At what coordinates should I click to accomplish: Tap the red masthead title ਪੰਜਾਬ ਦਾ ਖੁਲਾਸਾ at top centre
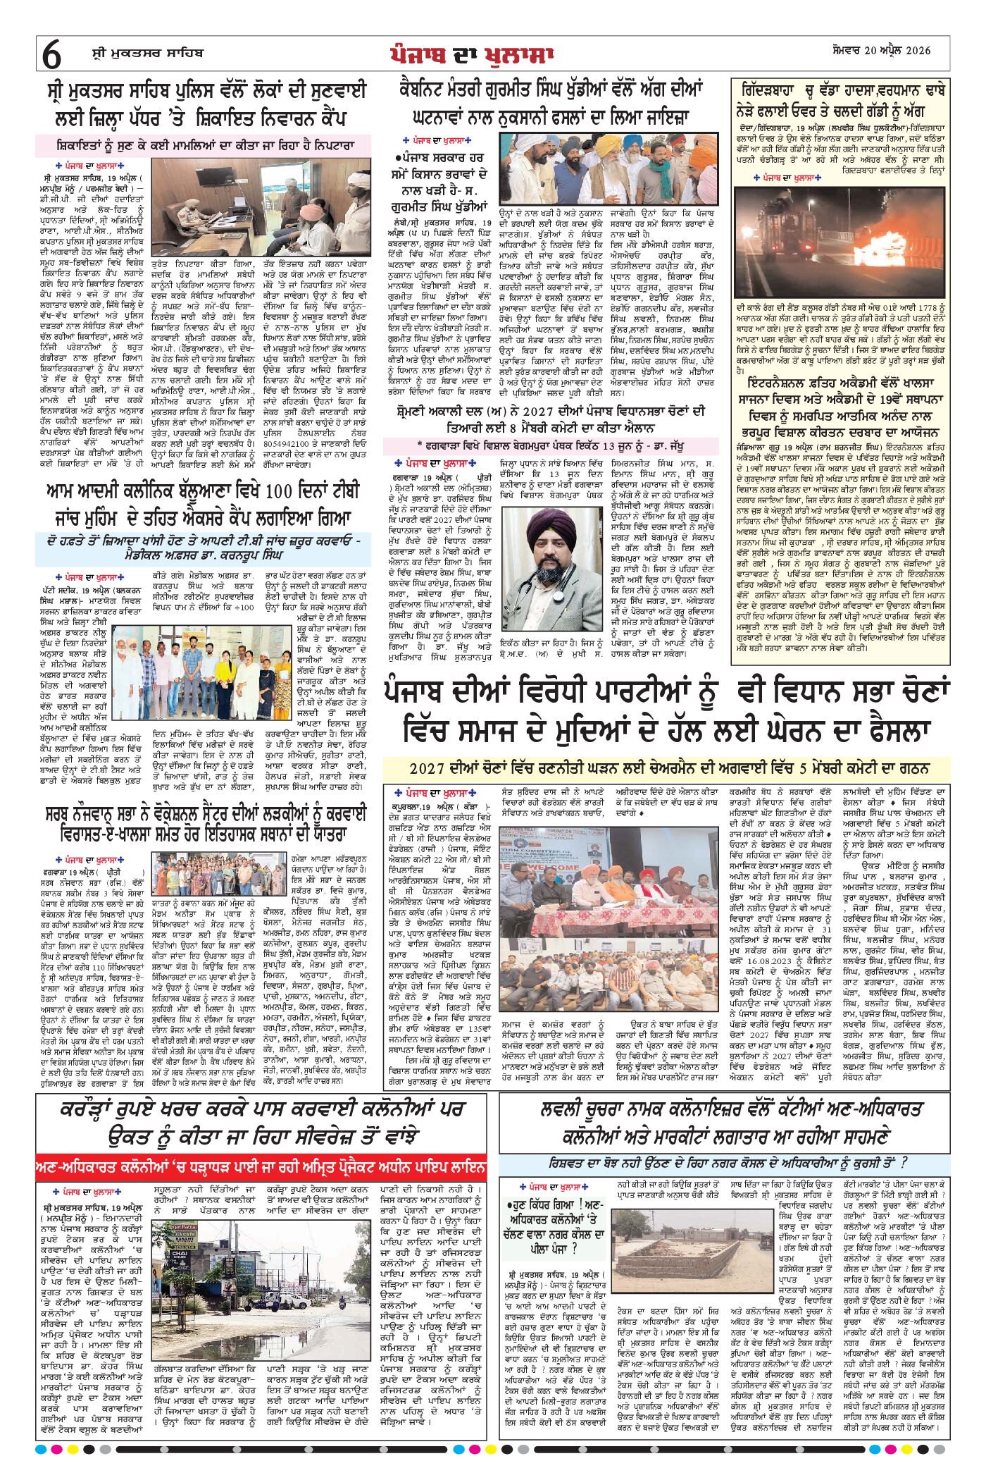click(x=472, y=54)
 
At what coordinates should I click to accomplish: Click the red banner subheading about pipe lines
click(x=261, y=1168)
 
